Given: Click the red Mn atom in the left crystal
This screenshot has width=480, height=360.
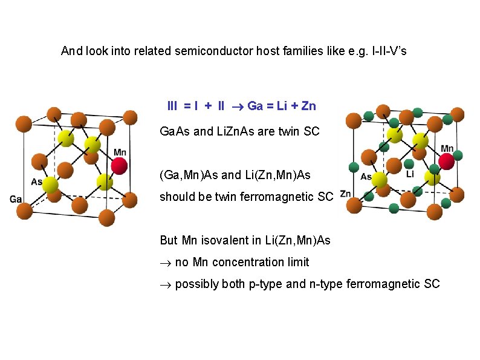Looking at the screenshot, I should [120, 165].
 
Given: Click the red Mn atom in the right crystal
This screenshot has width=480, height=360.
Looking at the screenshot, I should [447, 161].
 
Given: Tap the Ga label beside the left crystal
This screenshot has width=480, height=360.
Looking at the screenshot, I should [16, 199].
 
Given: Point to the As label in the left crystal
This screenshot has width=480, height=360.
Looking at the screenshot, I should [37, 182].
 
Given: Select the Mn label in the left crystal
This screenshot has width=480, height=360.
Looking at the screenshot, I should [120, 152].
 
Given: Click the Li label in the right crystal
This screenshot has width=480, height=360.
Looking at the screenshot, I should [410, 174].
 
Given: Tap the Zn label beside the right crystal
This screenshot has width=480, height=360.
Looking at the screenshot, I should [345, 194].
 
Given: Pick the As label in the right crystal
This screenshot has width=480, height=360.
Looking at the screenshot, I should [366, 177].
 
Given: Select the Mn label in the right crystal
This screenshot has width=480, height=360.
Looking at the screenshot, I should [447, 148].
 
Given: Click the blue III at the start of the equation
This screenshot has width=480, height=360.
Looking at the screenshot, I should [172, 106].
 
